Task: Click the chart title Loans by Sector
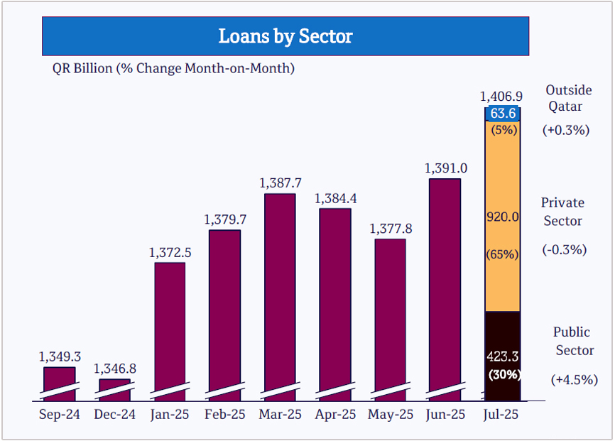click(285, 36)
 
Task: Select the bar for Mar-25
click(280, 291)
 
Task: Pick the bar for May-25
click(390, 312)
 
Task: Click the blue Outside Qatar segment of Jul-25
click(503, 114)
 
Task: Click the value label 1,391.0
click(446, 169)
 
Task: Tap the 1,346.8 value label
click(114, 369)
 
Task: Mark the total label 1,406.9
click(501, 96)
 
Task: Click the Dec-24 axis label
click(114, 414)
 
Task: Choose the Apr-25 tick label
click(334, 414)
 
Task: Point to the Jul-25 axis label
click(501, 414)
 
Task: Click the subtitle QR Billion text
click(173, 68)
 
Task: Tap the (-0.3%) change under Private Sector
click(565, 249)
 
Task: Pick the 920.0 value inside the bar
click(503, 217)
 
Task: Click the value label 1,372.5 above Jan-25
click(170, 253)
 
